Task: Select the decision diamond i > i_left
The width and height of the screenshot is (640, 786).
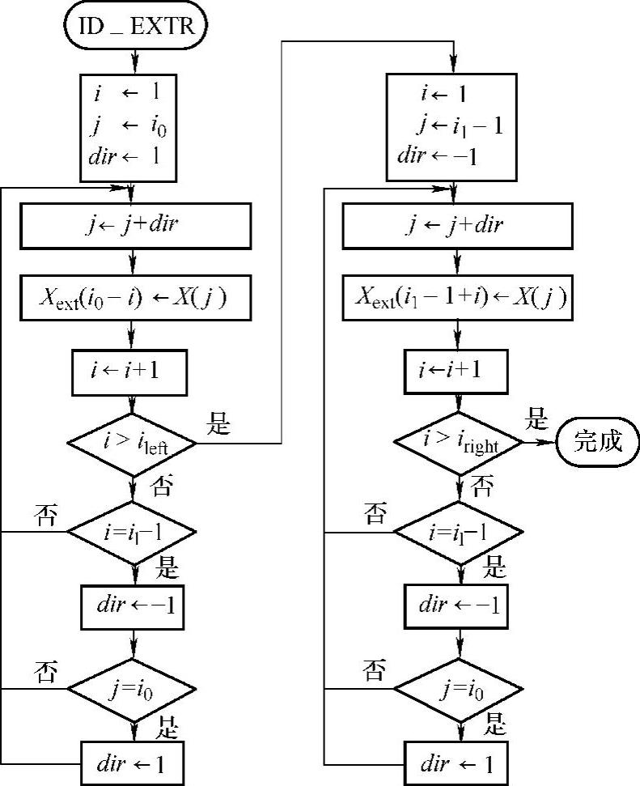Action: click(131, 443)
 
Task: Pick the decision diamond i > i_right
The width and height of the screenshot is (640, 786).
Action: click(459, 442)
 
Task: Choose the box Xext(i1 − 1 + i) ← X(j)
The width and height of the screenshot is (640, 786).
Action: click(457, 298)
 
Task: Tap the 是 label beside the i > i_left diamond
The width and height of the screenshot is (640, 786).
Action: click(220, 423)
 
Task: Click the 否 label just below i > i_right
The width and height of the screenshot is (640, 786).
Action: click(483, 487)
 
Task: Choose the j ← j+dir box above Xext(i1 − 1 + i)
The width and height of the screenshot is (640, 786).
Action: click(457, 225)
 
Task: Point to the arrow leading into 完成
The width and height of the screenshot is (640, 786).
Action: click(539, 442)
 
